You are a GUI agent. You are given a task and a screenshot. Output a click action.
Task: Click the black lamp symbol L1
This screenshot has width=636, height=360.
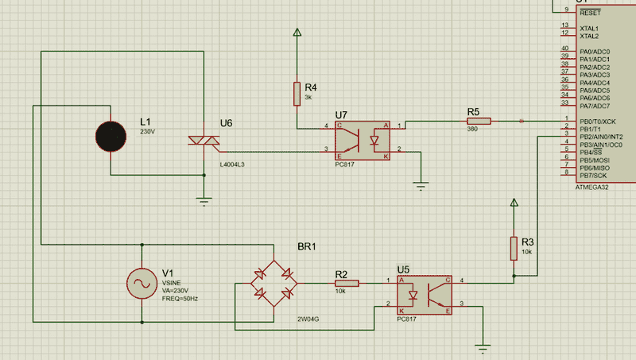click(x=111, y=137)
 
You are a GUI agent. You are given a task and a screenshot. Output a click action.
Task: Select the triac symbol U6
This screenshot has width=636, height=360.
click(x=204, y=141)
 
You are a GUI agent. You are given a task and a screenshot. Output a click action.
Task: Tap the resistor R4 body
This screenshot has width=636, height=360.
click(x=297, y=93)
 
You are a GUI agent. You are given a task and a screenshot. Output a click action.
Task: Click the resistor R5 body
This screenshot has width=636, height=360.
click(x=479, y=121)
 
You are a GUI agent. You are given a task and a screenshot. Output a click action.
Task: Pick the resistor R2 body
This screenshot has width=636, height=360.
click(x=347, y=282)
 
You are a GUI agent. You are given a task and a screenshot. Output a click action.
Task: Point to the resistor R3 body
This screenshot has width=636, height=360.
click(x=514, y=248)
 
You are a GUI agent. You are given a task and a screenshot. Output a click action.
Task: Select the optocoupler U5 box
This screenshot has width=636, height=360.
click(x=425, y=294)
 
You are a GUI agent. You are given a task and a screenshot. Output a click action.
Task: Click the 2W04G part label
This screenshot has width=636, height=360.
click(x=309, y=319)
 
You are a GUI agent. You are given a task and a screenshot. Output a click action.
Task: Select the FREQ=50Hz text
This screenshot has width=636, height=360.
click(x=180, y=298)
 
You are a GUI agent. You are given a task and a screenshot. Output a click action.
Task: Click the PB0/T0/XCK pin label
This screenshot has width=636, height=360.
click(x=598, y=122)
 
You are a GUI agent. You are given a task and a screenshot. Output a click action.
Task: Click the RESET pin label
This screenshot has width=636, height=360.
click(x=590, y=14)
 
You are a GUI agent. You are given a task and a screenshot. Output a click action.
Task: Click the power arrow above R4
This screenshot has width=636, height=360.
click(x=297, y=33)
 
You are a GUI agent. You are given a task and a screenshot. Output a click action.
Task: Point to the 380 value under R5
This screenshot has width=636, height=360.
click(x=472, y=129)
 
